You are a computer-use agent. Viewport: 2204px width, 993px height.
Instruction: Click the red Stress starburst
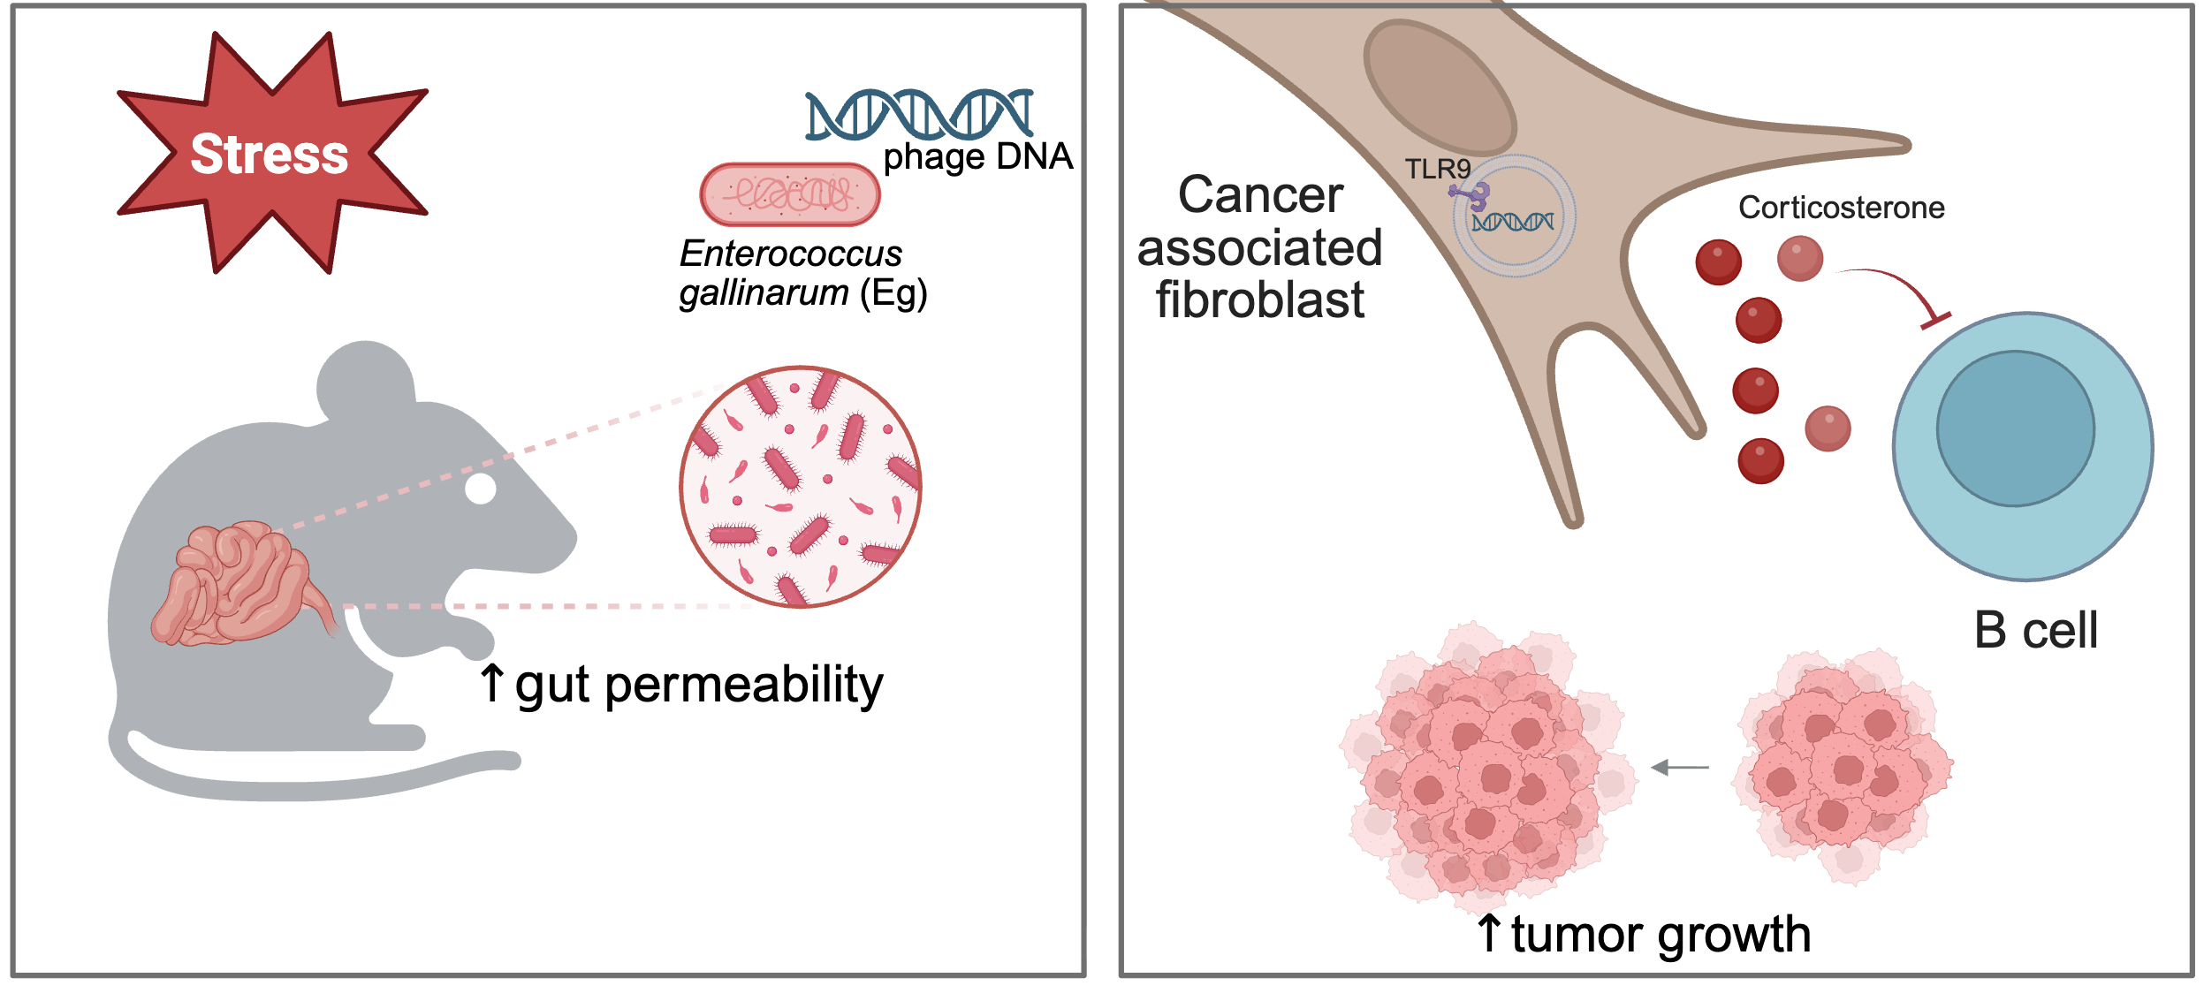[x=272, y=153]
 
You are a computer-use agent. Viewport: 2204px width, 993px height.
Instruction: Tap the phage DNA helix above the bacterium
[x=919, y=114]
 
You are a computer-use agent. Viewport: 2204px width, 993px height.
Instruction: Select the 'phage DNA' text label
[x=978, y=157]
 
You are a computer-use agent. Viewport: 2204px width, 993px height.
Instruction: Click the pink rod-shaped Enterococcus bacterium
[x=790, y=194]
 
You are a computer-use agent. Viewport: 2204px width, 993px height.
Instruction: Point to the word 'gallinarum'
[x=764, y=293]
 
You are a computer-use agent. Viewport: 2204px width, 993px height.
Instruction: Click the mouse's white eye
[x=481, y=488]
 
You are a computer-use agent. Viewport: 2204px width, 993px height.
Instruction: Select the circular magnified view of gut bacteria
[x=801, y=487]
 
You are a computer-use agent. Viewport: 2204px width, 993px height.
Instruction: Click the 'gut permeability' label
[x=699, y=686]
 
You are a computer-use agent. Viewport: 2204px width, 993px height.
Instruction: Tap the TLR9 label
[x=1438, y=169]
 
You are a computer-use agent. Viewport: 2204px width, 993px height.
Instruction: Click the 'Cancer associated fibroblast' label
[x=1260, y=247]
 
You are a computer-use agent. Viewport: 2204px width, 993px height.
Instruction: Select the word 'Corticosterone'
[x=1842, y=208]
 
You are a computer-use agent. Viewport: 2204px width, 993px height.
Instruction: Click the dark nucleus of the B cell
[x=2016, y=428]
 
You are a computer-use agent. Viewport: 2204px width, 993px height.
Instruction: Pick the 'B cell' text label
[x=2036, y=631]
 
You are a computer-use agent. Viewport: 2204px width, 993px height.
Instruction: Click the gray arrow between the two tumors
[x=1680, y=768]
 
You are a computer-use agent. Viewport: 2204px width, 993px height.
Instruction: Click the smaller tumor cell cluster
[x=1843, y=767]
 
